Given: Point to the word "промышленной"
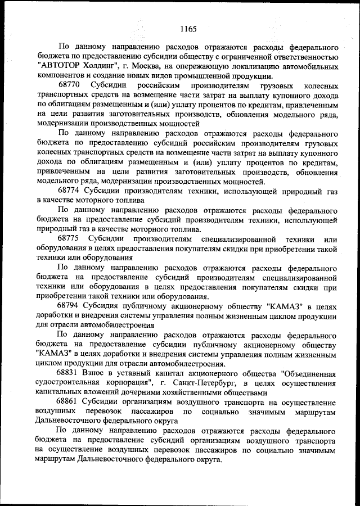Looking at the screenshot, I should click(x=215, y=76).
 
